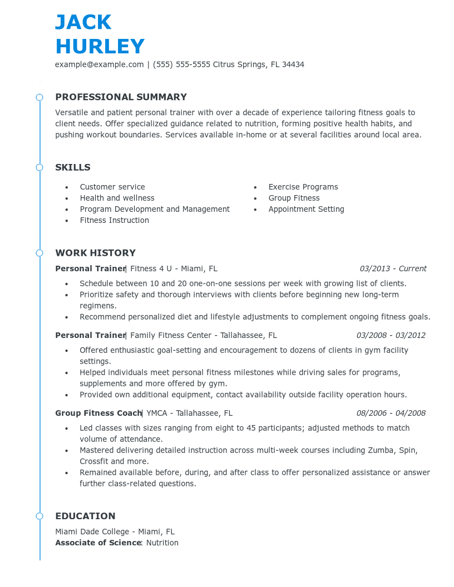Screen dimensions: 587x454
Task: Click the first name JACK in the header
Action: tap(83, 22)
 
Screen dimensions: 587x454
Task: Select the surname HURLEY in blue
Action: tap(100, 47)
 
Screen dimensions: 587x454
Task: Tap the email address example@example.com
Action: tap(99, 64)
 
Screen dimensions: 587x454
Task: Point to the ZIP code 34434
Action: tap(293, 64)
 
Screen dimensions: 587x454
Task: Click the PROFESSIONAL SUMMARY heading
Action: tap(121, 97)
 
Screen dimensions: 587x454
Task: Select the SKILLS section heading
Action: tap(73, 167)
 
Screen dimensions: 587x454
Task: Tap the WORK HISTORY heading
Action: tap(95, 253)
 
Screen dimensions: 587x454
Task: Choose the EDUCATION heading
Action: tap(85, 516)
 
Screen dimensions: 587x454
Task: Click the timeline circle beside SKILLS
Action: tap(40, 167)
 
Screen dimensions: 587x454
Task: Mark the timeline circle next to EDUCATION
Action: tap(40, 516)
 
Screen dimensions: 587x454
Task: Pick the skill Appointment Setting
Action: tap(306, 210)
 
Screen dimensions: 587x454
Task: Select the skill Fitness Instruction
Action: tap(114, 221)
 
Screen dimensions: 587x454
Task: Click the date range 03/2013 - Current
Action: tap(393, 269)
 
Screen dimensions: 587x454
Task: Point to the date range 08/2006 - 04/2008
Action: tap(391, 414)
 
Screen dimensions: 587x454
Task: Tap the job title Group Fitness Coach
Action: tap(98, 414)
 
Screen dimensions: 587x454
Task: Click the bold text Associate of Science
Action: tap(98, 543)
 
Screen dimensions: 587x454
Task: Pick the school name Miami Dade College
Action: tap(92, 532)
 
